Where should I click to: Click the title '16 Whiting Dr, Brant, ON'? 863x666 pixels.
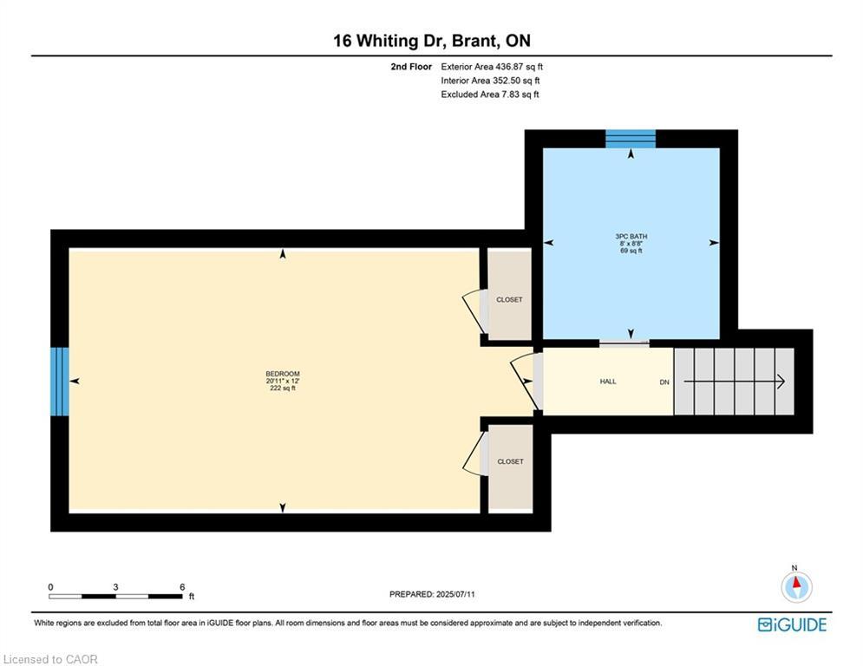coord(431,40)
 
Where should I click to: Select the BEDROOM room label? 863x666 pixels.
coord(283,374)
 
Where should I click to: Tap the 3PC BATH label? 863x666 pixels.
coord(631,237)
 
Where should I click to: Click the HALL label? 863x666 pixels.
coord(608,382)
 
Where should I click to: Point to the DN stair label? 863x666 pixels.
coord(664,382)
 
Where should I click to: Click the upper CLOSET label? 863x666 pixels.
coord(509,300)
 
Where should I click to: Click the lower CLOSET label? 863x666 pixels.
coord(509,462)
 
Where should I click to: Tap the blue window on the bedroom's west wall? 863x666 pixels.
coord(59,382)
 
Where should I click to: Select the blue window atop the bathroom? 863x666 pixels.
coord(631,139)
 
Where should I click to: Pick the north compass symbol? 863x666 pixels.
coord(796,586)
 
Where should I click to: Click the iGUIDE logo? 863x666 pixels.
coord(792,624)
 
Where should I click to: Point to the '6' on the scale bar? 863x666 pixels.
coord(182,587)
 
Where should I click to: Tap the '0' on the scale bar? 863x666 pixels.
coord(50,587)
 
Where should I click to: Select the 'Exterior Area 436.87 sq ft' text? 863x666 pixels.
coord(492,67)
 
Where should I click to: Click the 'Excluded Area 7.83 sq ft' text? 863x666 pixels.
coord(490,95)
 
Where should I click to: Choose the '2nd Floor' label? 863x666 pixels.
coord(411,67)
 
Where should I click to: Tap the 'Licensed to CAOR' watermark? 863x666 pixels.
coord(51,659)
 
